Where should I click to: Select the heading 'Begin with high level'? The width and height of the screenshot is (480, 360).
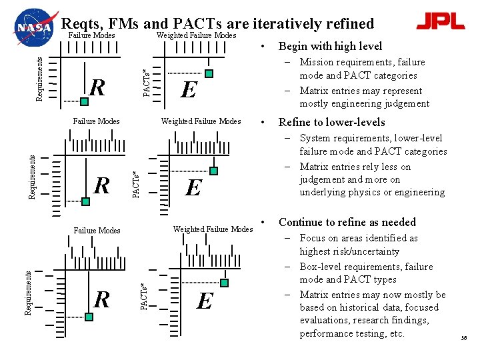click(x=330, y=46)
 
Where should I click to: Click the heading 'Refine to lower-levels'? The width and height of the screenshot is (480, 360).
click(x=331, y=122)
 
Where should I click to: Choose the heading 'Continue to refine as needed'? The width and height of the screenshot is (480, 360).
click(x=347, y=222)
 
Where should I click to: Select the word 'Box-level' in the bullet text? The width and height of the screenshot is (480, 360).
click(x=319, y=267)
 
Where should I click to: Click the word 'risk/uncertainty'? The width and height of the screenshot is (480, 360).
click(x=365, y=251)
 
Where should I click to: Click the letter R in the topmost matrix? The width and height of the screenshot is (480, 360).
click(x=97, y=87)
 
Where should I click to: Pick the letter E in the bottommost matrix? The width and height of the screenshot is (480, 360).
click(x=205, y=302)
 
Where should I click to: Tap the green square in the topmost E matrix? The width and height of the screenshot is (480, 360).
click(x=209, y=73)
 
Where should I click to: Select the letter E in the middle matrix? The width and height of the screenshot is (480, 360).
click(x=193, y=187)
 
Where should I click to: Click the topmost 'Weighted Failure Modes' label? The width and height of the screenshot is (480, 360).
click(x=196, y=35)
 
